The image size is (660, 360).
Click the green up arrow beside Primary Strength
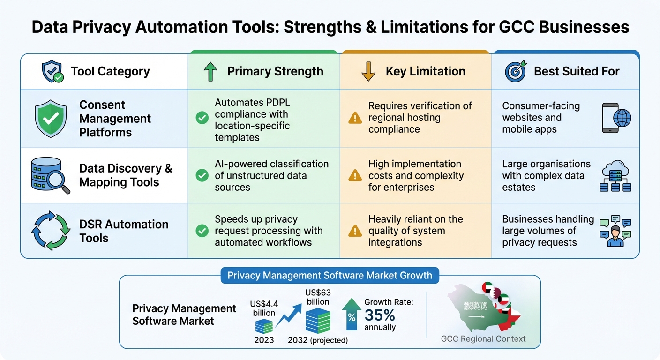coord(210,72)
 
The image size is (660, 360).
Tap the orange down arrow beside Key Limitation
coord(369,72)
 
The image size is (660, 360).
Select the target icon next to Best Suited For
coord(516,71)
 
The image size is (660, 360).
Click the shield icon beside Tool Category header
coord(52,72)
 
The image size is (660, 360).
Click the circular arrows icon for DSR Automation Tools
coord(51,231)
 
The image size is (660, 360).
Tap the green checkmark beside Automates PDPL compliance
coord(202,118)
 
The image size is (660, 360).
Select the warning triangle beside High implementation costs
coord(355,176)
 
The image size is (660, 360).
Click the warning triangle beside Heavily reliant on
coord(355,231)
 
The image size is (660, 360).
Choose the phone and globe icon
coord(616,118)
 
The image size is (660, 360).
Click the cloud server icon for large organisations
coord(615,176)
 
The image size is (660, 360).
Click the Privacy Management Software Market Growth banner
coord(330,275)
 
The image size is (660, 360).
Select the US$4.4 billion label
coord(264,308)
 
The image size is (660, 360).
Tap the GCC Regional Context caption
coord(483,339)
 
